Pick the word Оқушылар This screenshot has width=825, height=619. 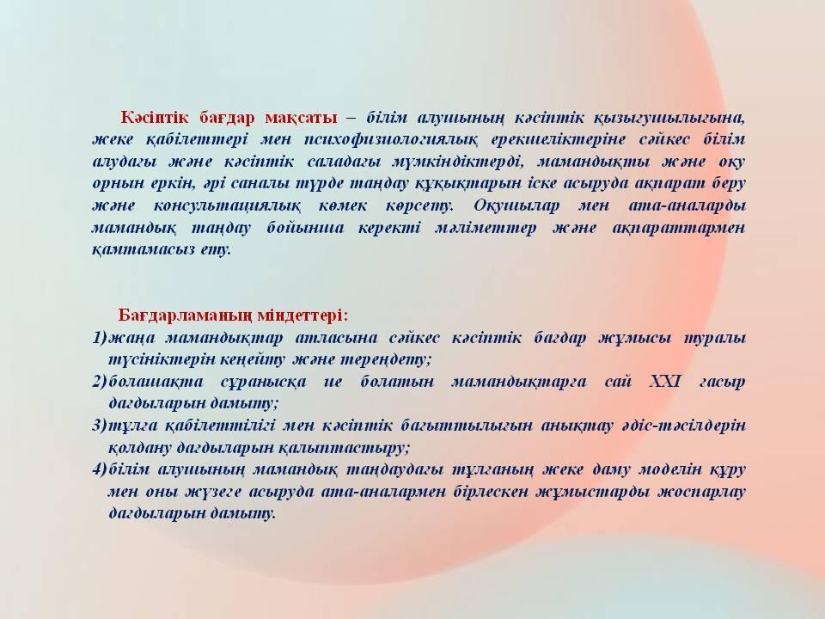pos(516,205)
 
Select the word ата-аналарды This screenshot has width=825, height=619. pos(687,205)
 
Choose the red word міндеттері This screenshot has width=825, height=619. pos(303,316)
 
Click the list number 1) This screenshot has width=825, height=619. pos(100,337)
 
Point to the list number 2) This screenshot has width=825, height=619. pos(100,382)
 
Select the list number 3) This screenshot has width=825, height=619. pos(100,426)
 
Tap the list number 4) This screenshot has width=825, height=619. pos(100,469)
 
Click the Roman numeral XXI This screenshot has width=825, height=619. pos(665,381)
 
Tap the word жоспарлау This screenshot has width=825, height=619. pos(703,492)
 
